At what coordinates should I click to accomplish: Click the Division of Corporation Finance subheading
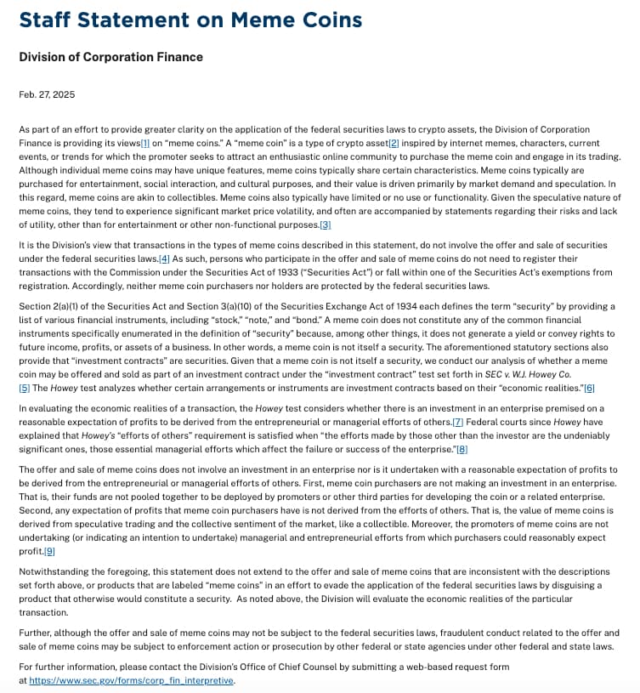click(110, 57)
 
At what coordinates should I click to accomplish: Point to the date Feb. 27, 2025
click(43, 95)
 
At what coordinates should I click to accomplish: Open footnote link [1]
click(144, 143)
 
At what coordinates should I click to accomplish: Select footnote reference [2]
click(393, 143)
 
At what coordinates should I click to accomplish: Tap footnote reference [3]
click(325, 224)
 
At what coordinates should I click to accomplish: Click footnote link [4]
click(164, 258)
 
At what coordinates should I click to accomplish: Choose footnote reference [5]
click(24, 388)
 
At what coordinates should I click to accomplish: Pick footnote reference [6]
click(589, 388)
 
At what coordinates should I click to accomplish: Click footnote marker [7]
click(457, 422)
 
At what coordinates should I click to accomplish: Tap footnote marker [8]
click(462, 449)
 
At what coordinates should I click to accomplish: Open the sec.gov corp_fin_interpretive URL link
click(132, 681)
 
